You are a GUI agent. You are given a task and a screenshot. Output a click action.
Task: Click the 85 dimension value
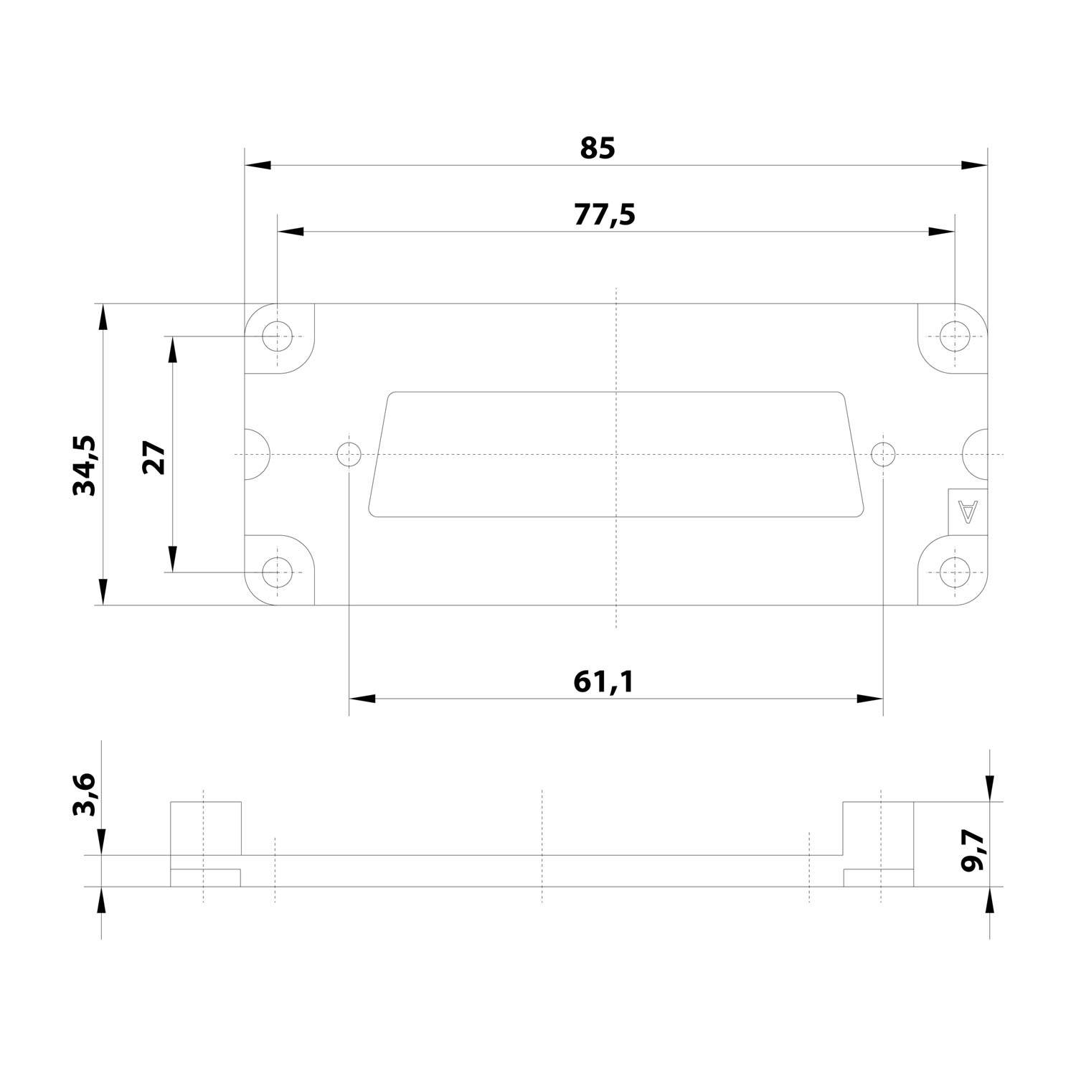click(x=598, y=148)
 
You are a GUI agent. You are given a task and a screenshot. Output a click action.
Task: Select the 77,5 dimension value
click(x=605, y=214)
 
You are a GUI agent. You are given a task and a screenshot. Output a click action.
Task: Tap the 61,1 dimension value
click(x=604, y=681)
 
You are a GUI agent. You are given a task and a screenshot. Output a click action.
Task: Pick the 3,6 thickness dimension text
click(x=85, y=794)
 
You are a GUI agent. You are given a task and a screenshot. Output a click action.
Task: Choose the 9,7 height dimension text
click(x=973, y=849)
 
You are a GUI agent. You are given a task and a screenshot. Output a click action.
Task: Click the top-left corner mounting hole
click(x=277, y=336)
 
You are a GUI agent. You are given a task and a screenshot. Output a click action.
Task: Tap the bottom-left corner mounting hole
click(x=277, y=572)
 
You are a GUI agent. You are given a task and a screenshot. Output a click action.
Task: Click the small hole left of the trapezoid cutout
click(x=349, y=454)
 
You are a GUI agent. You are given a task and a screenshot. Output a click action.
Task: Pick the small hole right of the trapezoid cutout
click(x=883, y=454)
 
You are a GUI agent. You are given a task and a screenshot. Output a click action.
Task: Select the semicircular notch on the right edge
click(x=976, y=454)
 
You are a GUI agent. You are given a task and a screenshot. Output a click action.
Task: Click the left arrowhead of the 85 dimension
click(x=258, y=165)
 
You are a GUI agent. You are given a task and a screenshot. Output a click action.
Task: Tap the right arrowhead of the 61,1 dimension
click(x=869, y=699)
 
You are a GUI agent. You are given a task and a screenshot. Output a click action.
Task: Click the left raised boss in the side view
click(x=206, y=829)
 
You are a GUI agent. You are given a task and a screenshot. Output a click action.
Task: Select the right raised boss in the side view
click(x=878, y=829)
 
